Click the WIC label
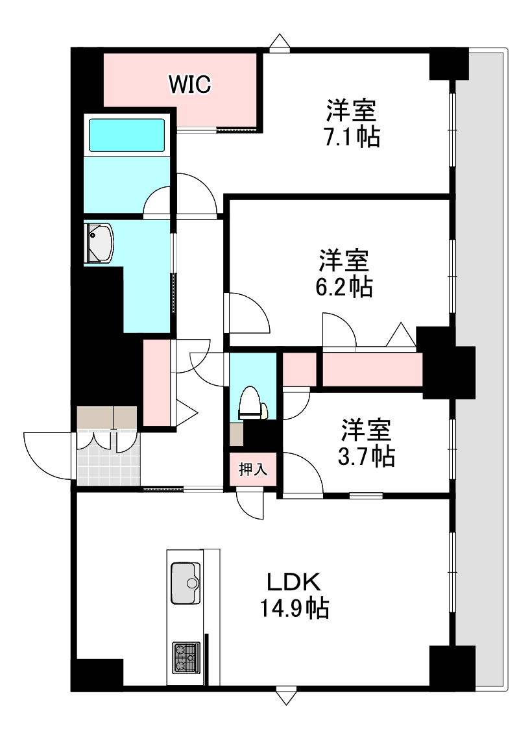pyautogui.click(x=189, y=84)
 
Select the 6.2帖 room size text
pyautogui.click(x=344, y=286)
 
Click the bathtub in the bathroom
pyautogui.click(x=126, y=135)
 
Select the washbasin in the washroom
pyautogui.click(x=99, y=243)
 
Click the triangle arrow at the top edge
pyautogui.click(x=280, y=43)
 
